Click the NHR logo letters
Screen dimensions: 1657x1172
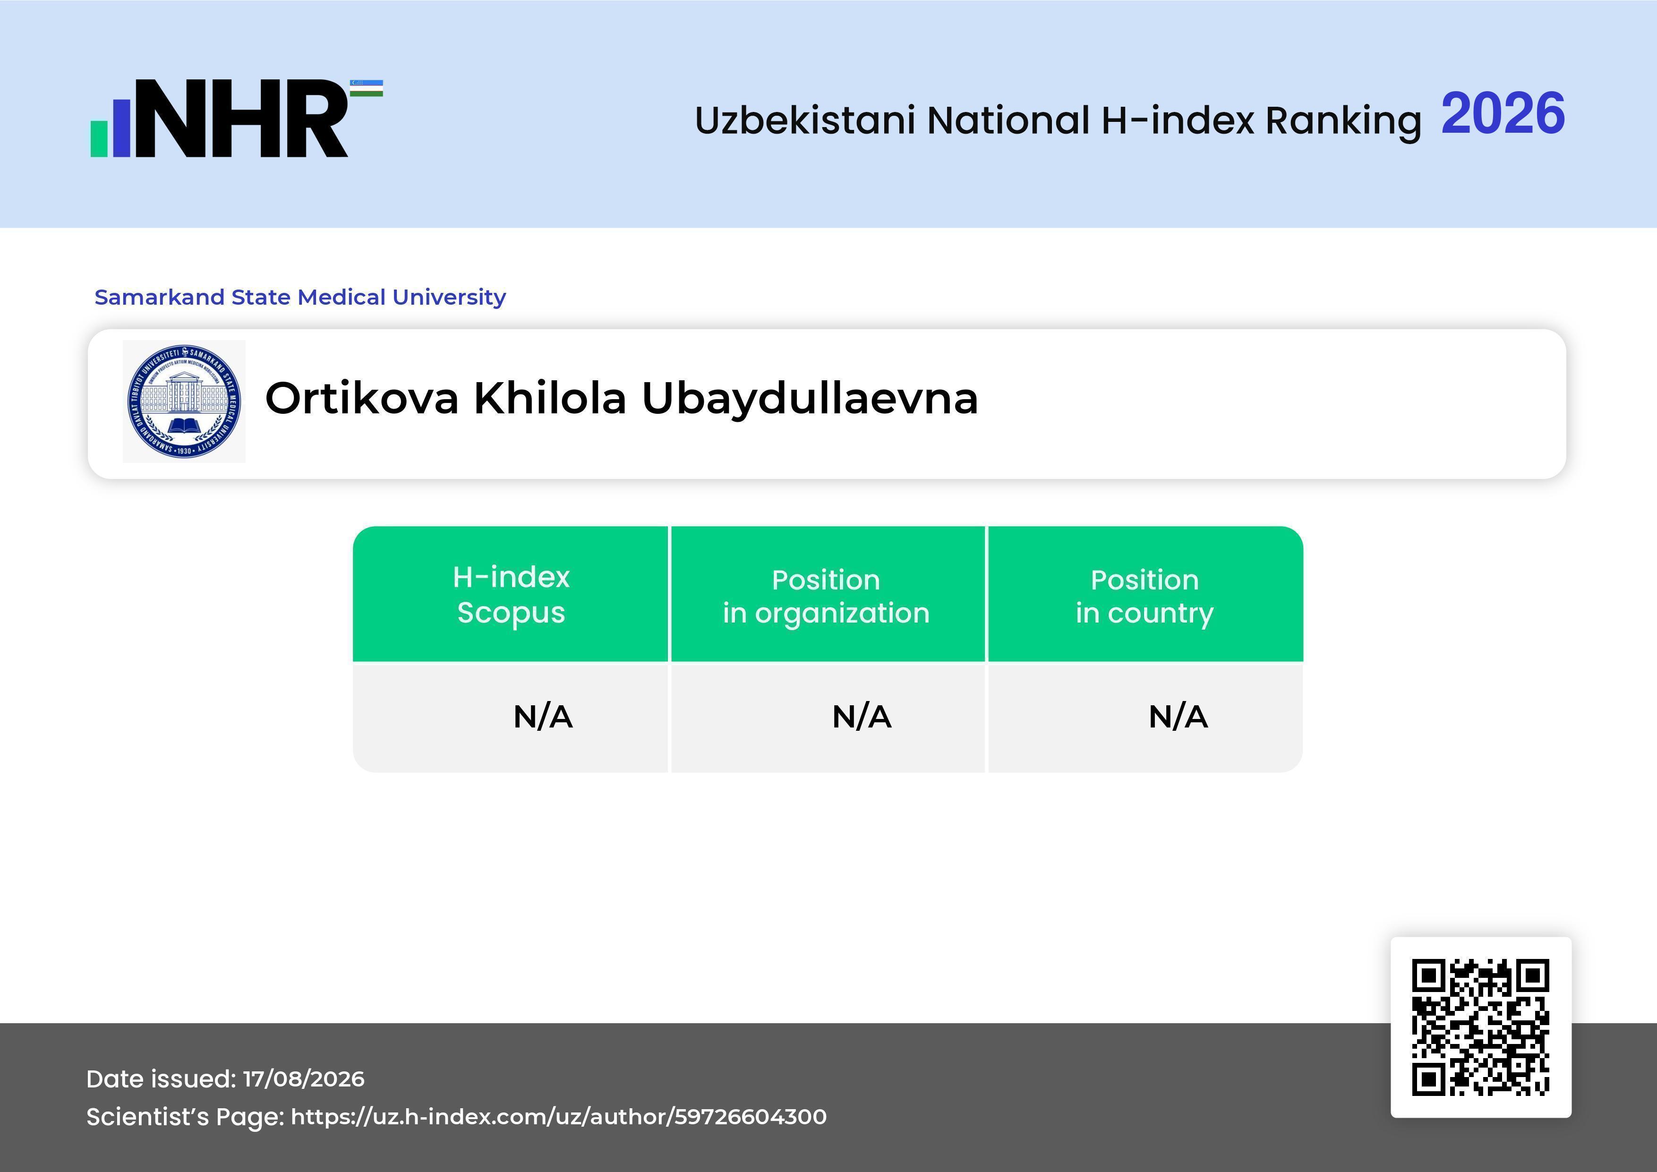[242, 119]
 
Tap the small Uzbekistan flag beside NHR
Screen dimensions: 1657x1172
[367, 88]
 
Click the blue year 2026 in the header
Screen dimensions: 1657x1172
[1503, 113]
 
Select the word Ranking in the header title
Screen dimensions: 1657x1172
[1342, 120]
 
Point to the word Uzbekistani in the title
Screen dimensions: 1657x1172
[805, 120]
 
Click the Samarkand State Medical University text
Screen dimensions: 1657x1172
[300, 297]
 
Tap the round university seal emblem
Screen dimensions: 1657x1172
[184, 401]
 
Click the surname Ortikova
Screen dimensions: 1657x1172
[361, 398]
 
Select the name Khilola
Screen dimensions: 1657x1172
[549, 398]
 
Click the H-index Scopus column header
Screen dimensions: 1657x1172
[511, 595]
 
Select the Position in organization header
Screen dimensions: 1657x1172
[826, 596]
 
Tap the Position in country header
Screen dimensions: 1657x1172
[1145, 596]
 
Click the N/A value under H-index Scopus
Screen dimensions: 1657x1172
[543, 717]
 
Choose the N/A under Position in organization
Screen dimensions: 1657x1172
[862, 717]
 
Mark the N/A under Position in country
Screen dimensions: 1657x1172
[1178, 717]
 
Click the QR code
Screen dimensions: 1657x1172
[1481, 1027]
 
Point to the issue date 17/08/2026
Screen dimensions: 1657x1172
[304, 1079]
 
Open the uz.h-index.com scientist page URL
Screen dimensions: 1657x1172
[559, 1116]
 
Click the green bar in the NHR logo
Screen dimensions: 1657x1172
[99, 138]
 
